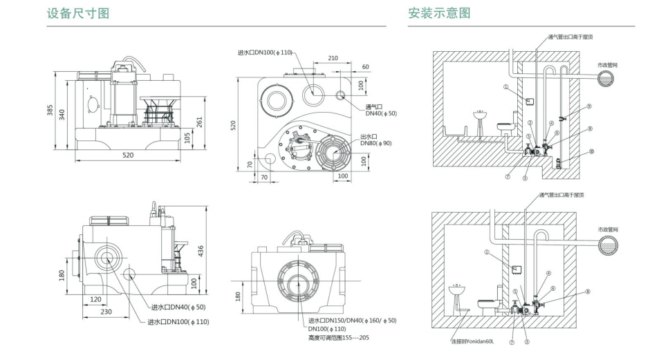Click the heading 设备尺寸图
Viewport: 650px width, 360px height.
click(x=77, y=13)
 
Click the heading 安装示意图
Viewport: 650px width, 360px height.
click(x=439, y=13)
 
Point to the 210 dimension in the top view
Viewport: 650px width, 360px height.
click(x=333, y=58)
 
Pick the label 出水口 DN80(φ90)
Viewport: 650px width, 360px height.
click(x=376, y=140)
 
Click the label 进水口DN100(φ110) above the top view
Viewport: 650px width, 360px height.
click(x=266, y=53)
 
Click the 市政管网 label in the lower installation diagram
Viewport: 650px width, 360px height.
click(x=609, y=229)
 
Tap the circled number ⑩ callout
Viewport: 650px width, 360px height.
click(x=591, y=152)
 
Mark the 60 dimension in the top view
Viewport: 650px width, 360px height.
click(x=365, y=67)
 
